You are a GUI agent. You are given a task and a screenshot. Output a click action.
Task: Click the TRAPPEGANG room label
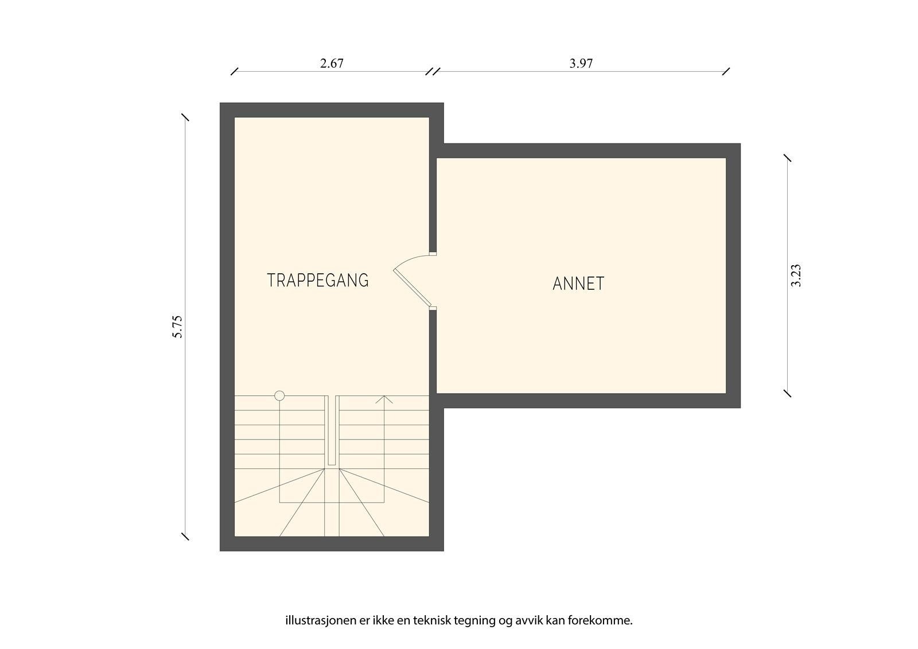317,280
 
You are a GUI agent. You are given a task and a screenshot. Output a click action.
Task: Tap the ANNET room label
578,283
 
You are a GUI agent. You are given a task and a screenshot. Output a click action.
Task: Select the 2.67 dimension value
332,63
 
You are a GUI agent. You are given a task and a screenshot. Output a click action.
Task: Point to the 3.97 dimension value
581,63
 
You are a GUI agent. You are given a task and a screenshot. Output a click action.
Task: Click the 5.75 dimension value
177,327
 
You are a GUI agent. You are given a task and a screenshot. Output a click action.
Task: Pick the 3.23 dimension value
796,275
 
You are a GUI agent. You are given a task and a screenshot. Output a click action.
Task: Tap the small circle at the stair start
279,395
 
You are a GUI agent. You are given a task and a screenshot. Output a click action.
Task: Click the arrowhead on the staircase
384,399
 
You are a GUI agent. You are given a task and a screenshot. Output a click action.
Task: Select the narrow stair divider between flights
332,430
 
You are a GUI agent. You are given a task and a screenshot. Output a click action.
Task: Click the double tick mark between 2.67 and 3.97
433,72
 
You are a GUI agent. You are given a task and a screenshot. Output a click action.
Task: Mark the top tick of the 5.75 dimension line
185,118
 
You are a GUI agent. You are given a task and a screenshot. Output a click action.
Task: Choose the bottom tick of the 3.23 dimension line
787,393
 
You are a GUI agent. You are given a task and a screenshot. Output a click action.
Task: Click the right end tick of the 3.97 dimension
726,72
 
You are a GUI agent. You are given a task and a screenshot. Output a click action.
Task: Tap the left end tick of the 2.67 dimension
234,72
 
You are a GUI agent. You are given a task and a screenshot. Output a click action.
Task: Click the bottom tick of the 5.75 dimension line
185,537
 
